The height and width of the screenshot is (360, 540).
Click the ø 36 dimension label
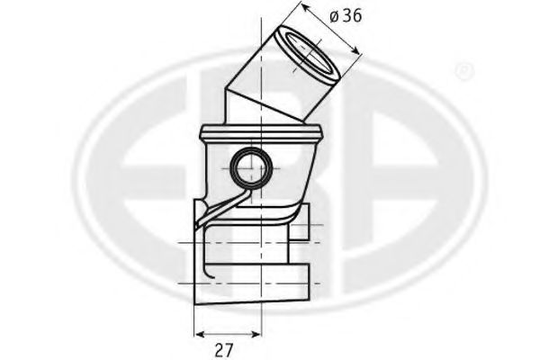pos(346,16)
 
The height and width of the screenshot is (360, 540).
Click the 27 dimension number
pos(224,350)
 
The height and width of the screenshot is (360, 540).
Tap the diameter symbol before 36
pos(335,16)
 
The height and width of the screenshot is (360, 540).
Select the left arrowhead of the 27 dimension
pos(201,334)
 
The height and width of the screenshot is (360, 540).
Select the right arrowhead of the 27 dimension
pos(256,334)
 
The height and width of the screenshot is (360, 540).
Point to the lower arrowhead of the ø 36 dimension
pos(355,50)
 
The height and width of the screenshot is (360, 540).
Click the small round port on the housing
pos(251,168)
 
